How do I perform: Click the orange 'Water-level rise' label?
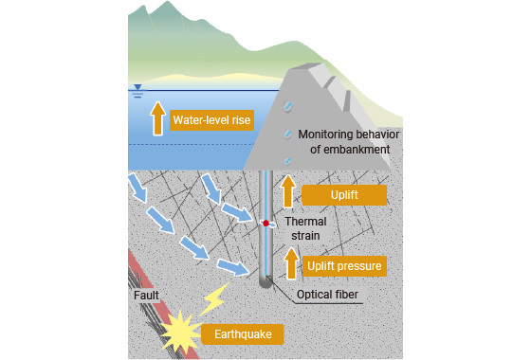[x=211, y=120]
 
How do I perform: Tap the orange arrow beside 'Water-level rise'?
[x=157, y=118]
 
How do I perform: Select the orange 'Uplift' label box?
[x=344, y=195]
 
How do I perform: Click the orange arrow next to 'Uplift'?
[x=288, y=190]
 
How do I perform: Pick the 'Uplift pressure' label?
[x=344, y=266]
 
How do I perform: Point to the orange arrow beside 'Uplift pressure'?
[x=291, y=263]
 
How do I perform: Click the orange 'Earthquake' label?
[x=243, y=334]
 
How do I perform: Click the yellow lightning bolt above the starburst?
[x=213, y=299]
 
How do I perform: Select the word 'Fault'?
[x=146, y=296]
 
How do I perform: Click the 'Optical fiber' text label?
[x=327, y=295]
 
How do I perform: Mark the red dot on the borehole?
[x=266, y=224]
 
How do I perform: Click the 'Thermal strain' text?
[x=305, y=228]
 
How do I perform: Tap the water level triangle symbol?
[x=137, y=87]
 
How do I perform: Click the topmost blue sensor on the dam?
[x=288, y=106]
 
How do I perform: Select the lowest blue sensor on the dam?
[x=288, y=160]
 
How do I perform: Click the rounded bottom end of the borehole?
[x=265, y=283]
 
